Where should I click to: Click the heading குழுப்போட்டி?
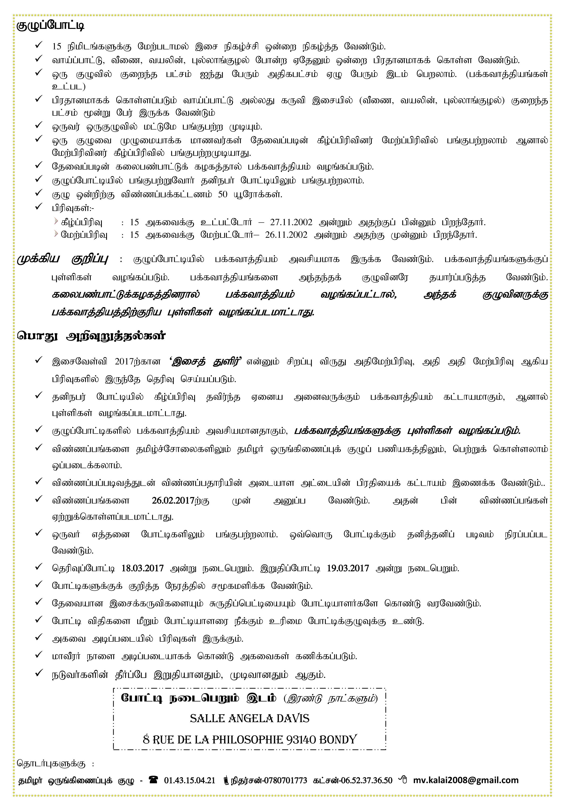coord(50,26)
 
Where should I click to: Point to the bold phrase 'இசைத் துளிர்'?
coord(206,362)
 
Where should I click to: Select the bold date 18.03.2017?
coord(142,568)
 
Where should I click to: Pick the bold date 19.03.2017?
coord(348,568)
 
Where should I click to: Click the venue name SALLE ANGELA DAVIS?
coord(249,718)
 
